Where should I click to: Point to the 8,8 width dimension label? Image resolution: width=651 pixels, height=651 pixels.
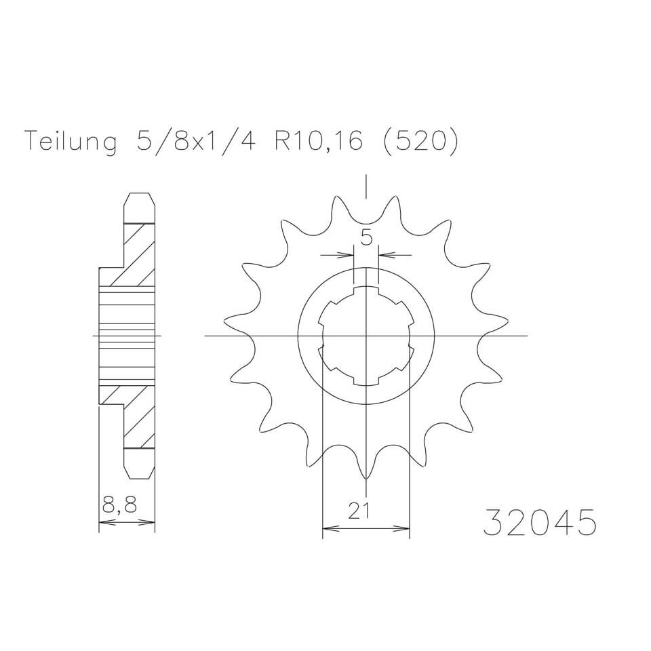click(118, 505)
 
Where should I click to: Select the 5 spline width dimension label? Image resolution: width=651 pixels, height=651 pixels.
click(366, 237)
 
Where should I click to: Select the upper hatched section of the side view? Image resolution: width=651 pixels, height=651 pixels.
click(138, 254)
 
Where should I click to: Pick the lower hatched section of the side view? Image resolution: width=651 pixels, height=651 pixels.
click(138, 417)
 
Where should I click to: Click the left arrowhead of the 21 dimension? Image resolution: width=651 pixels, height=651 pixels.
click(326, 526)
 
